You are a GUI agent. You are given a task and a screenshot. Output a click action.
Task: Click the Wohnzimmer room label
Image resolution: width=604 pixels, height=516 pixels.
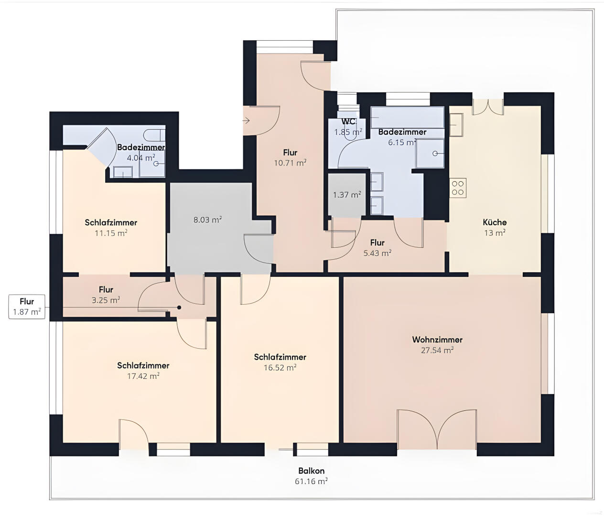[x=437, y=340]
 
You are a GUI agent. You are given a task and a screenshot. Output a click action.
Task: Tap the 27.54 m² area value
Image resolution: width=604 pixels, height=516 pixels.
[x=437, y=350]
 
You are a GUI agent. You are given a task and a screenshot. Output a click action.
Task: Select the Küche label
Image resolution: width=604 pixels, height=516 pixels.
[x=495, y=222]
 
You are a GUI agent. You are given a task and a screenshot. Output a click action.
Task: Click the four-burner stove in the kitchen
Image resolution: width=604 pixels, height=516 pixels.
[x=458, y=188]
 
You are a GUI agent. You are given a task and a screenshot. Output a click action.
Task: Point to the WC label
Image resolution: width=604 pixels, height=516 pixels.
[x=348, y=121]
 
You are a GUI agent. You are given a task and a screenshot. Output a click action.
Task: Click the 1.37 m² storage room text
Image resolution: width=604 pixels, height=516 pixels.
[x=347, y=195]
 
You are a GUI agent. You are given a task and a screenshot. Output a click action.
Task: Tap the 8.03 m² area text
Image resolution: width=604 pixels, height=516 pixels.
[x=207, y=220]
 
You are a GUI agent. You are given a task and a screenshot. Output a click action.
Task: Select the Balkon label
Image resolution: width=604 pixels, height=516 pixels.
[x=312, y=471]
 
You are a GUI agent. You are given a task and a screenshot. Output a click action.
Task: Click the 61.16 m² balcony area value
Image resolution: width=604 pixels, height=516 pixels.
[x=311, y=481]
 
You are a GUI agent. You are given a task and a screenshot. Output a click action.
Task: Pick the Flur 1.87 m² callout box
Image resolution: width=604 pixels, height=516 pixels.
[x=27, y=307]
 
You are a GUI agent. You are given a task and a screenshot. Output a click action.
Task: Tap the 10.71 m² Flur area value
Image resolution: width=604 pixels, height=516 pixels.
[x=290, y=163]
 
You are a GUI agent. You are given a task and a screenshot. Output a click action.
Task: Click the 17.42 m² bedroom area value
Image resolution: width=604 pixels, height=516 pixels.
[x=143, y=376]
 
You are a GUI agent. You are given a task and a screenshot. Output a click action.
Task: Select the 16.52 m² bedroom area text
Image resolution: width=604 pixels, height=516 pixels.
[x=280, y=368]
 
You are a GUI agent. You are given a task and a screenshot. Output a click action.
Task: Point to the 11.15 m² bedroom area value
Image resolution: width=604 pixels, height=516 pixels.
[x=111, y=233]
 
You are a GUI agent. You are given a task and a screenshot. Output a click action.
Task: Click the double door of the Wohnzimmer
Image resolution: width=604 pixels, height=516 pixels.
[x=437, y=429]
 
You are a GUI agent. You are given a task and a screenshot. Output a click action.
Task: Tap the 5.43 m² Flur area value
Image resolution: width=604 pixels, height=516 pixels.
[x=377, y=253]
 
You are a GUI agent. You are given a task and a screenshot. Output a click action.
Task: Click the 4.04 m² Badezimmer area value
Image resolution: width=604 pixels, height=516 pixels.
[x=141, y=158]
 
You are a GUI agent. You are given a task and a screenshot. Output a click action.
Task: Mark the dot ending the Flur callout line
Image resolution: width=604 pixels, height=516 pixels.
[x=179, y=307]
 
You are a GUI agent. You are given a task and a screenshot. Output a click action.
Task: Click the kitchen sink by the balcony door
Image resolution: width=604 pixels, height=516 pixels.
[x=456, y=125]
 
